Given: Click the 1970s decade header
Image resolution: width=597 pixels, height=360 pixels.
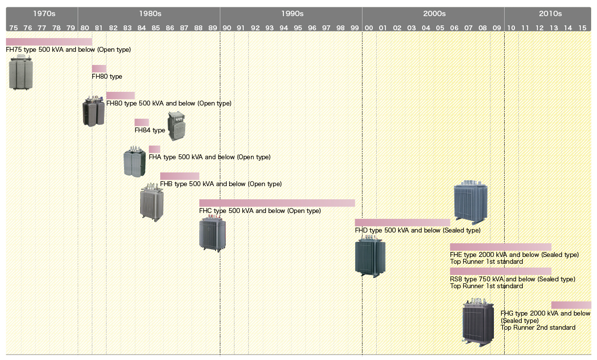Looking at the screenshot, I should (42, 14).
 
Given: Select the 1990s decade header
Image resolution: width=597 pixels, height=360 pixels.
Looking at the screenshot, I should (292, 14).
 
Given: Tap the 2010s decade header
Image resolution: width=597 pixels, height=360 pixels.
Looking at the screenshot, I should (550, 14).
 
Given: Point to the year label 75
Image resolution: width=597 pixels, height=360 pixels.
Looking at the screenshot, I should (13, 28).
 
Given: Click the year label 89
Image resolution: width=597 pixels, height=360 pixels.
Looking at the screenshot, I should (213, 28).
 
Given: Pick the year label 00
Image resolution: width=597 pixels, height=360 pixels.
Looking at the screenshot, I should (369, 28).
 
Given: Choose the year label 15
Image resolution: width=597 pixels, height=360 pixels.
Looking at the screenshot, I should (582, 28).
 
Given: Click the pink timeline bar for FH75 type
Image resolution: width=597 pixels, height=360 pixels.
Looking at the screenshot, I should (49, 42).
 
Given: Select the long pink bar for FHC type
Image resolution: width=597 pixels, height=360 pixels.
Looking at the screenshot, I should (277, 203).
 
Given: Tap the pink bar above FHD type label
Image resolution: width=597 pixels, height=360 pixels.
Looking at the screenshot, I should (402, 222).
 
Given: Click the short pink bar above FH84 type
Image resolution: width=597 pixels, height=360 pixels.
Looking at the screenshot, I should (142, 122).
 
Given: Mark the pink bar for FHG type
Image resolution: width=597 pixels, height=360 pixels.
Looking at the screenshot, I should (571, 305).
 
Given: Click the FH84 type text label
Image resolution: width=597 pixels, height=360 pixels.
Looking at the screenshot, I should (150, 130).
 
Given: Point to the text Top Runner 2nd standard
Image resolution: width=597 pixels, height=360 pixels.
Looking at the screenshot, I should (538, 328).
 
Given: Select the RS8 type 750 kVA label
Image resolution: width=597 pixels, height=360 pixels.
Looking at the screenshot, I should (512, 279).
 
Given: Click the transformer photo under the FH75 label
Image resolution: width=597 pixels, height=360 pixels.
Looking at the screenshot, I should (21, 72).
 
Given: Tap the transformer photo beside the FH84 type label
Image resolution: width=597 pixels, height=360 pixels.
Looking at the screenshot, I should (176, 126).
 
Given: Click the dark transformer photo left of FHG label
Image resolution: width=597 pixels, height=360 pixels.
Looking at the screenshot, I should (478, 324).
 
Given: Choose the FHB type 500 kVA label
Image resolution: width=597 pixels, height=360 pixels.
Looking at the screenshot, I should (221, 184).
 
